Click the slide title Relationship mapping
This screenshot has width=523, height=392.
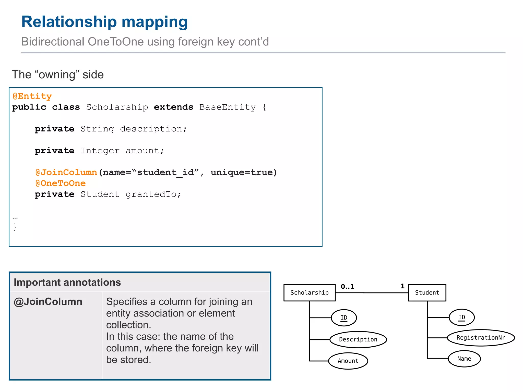tap(104, 22)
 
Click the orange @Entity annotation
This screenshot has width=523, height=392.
tap(32, 96)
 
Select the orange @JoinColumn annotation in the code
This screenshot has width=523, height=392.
tap(66, 173)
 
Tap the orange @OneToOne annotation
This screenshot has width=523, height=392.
tap(61, 183)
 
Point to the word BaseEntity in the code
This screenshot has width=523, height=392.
tap(227, 107)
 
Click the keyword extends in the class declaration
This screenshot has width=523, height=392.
tap(173, 107)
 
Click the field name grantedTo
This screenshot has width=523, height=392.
tap(153, 194)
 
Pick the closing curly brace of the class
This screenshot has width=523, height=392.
tap(15, 227)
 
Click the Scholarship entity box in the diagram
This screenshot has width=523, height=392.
tap(309, 293)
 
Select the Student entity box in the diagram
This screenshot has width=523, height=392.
tap(427, 293)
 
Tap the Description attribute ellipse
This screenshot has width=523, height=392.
tap(358, 339)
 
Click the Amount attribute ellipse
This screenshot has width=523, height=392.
tap(348, 361)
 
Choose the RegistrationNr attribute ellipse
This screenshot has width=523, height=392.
tap(481, 338)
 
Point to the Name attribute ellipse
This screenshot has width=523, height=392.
tap(464, 359)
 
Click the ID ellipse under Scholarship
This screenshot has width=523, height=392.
tap(344, 318)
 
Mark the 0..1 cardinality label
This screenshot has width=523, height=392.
tap(347, 287)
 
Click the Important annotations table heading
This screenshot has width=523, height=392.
tap(67, 283)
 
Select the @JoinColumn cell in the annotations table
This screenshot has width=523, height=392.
tap(48, 302)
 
